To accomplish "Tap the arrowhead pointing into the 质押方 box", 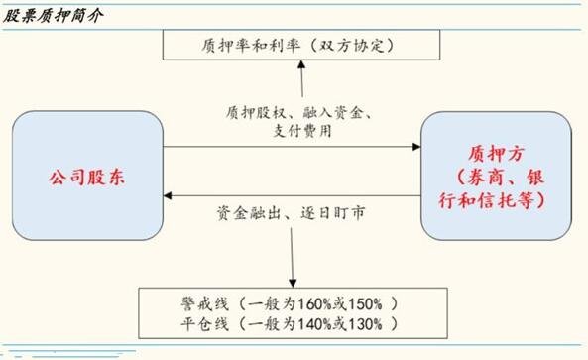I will tap(416, 149).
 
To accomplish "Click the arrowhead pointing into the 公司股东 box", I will tap(169, 197).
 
